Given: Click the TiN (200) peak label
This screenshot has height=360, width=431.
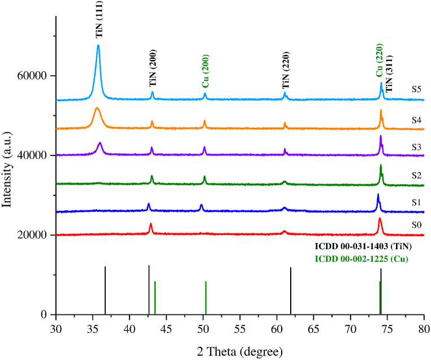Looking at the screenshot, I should [x=153, y=72].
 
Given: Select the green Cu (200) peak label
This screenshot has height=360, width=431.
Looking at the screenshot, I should [x=206, y=74].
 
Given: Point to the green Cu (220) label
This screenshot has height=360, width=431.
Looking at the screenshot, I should [x=379, y=60].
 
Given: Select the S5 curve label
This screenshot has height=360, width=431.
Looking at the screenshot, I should [x=416, y=89].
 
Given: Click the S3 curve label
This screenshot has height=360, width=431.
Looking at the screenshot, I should [x=416, y=146].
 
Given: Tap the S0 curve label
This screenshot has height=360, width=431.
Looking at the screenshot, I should [x=416, y=224].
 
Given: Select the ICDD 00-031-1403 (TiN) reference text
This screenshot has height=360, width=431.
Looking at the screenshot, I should [x=363, y=246].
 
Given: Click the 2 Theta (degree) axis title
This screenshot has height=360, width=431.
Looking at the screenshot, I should [x=239, y=352].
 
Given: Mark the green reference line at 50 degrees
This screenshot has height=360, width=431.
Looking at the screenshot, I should [x=206, y=297].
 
